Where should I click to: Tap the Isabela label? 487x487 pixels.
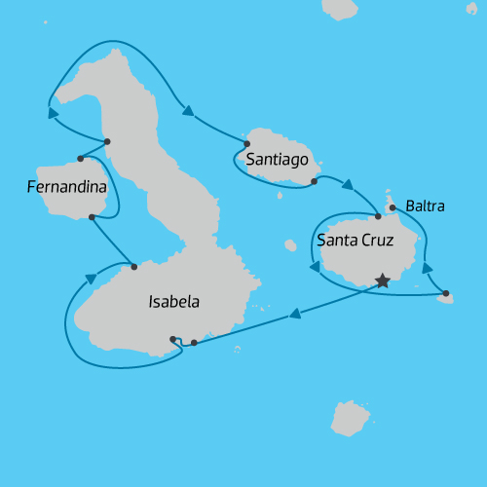point(173,302)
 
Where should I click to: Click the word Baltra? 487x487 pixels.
point(427,206)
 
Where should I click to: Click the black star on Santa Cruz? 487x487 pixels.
point(382,281)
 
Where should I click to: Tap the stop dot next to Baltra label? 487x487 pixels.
point(393,207)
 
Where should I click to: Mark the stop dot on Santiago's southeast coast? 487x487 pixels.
point(314,181)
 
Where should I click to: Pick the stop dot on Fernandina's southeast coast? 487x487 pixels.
point(92,217)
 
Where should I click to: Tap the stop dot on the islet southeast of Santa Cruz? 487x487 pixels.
point(445,293)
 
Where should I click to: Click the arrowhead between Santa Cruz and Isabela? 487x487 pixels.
point(292,314)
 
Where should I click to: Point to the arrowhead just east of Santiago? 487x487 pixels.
point(346,183)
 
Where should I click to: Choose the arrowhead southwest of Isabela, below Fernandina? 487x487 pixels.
point(91,279)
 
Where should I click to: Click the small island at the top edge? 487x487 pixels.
point(341,9)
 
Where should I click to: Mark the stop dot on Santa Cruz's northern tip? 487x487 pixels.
point(378,215)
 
